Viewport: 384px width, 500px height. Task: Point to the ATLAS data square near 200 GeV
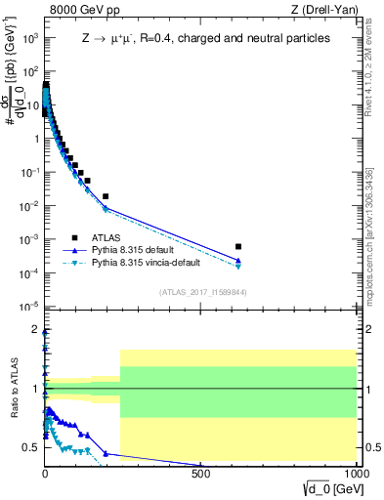(x=106, y=196)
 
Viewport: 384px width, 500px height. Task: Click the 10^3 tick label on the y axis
(x=30, y=38)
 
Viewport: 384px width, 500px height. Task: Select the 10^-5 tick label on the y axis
(x=29, y=308)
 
